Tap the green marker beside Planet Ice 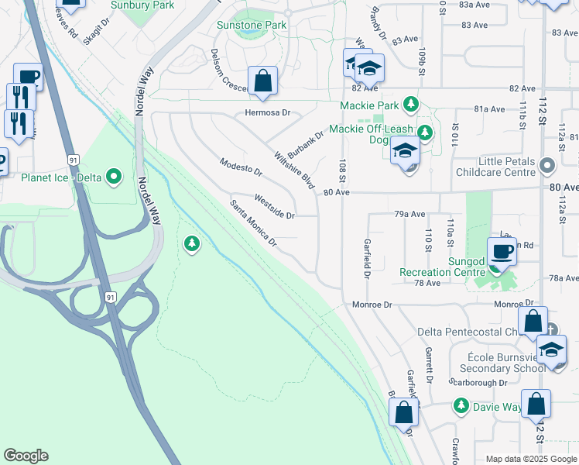coord(115,177)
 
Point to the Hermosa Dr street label coord(267,112)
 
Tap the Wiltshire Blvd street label coord(294,170)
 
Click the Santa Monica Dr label coord(253,222)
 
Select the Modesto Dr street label coord(241,170)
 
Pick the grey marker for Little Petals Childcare coord(548,166)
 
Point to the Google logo coord(26,456)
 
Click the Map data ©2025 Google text coord(530,459)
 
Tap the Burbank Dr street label coord(305,140)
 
